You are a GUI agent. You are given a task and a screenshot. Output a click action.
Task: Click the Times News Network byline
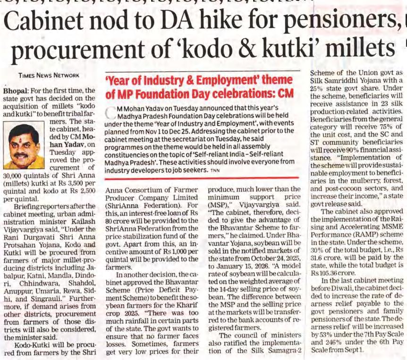(49, 75)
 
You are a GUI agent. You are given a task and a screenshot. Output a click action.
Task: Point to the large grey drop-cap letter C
(110, 113)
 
